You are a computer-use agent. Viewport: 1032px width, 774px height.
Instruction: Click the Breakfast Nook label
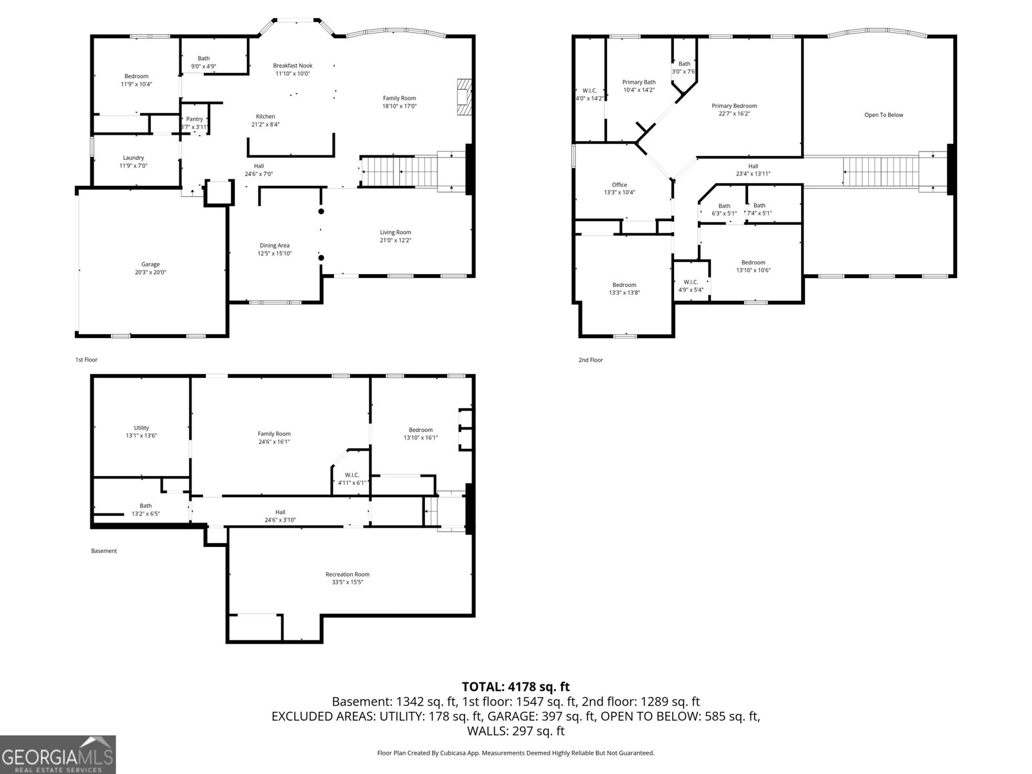(x=292, y=65)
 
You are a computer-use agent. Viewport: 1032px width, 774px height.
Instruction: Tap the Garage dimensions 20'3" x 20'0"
(x=150, y=272)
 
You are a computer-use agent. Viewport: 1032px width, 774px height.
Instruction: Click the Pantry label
(x=194, y=119)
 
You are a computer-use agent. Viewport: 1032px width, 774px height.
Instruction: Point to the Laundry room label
(x=134, y=157)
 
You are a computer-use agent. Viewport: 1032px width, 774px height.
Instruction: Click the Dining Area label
(x=274, y=245)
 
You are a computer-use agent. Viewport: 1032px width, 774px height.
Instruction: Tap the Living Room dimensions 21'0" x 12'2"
(x=395, y=240)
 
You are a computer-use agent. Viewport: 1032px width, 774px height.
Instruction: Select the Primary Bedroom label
(x=734, y=106)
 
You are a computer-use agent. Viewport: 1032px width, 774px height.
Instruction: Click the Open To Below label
(x=884, y=115)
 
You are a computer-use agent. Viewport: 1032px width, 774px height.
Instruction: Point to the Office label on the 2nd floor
(x=619, y=184)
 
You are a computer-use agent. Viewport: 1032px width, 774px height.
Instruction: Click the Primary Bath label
(x=639, y=82)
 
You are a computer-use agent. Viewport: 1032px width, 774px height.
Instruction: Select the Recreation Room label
(x=348, y=574)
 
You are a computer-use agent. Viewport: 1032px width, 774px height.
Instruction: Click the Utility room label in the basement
(x=141, y=428)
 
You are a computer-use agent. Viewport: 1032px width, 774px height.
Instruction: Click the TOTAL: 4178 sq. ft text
(x=515, y=687)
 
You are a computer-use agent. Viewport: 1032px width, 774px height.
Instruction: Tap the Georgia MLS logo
(x=58, y=754)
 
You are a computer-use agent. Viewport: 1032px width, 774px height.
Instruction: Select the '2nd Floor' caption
(x=590, y=360)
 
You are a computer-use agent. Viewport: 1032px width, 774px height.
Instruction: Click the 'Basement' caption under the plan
(x=104, y=551)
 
